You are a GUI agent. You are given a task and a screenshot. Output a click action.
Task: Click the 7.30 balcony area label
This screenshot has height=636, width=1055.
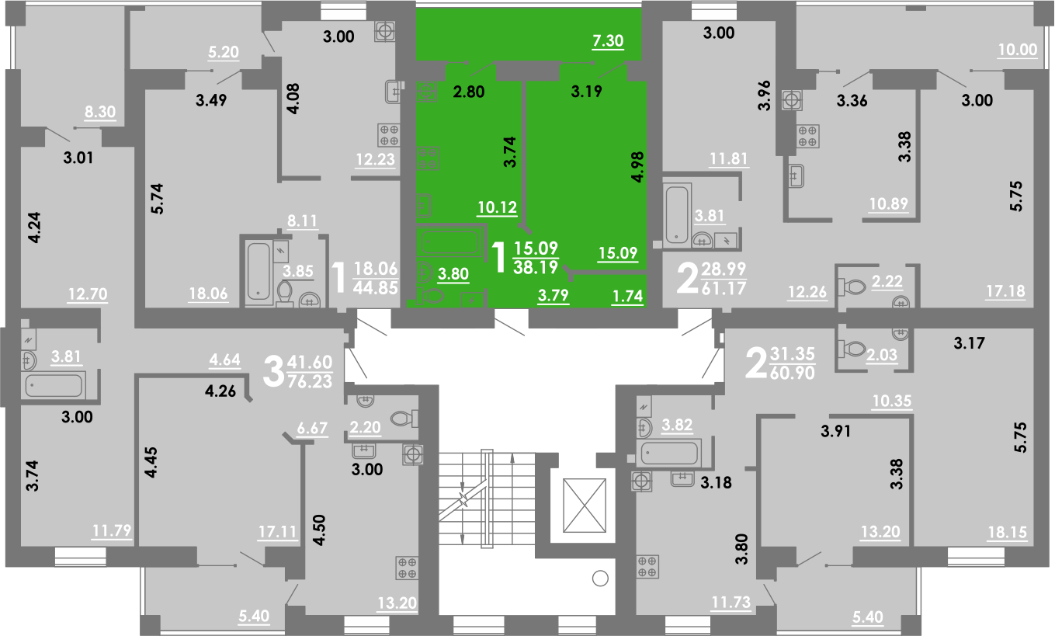point(608,41)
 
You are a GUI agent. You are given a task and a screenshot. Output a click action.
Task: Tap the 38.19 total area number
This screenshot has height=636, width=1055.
point(536,268)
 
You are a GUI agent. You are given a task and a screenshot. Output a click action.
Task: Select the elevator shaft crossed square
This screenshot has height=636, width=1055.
point(585,506)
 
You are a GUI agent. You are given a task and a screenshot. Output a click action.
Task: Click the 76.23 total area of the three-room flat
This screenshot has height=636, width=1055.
point(310,381)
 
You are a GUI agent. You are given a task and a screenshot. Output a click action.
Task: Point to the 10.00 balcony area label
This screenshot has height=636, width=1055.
point(1018,50)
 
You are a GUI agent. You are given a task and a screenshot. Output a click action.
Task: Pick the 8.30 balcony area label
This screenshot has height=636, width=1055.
point(100,112)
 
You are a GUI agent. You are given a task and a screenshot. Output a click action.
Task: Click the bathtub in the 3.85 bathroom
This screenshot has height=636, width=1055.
point(259,271)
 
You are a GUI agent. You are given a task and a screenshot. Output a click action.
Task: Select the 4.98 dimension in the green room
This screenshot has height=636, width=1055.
point(637,167)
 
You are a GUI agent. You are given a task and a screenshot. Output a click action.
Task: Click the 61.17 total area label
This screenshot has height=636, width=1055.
point(724,288)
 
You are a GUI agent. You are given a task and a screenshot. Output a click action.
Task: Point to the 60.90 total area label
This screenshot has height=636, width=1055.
point(793,373)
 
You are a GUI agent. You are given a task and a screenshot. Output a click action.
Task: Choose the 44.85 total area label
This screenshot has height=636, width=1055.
point(376,287)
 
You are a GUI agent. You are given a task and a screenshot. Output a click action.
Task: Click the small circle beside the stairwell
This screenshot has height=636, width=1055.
point(601,579)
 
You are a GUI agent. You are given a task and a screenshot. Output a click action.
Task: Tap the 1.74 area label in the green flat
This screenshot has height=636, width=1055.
point(628,296)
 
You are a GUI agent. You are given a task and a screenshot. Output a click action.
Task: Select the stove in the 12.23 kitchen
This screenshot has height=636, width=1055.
point(389,135)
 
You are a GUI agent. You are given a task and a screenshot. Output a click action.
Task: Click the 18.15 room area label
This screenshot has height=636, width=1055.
point(1008,533)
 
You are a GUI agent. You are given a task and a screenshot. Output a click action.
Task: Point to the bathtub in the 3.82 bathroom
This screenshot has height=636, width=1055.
point(668,454)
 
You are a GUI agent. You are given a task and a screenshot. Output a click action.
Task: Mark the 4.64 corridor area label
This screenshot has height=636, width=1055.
point(224,360)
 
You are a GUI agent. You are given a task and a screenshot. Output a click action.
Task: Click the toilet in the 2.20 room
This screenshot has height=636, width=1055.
point(404,418)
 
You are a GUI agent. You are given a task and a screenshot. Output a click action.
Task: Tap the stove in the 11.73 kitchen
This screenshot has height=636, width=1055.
point(647,567)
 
